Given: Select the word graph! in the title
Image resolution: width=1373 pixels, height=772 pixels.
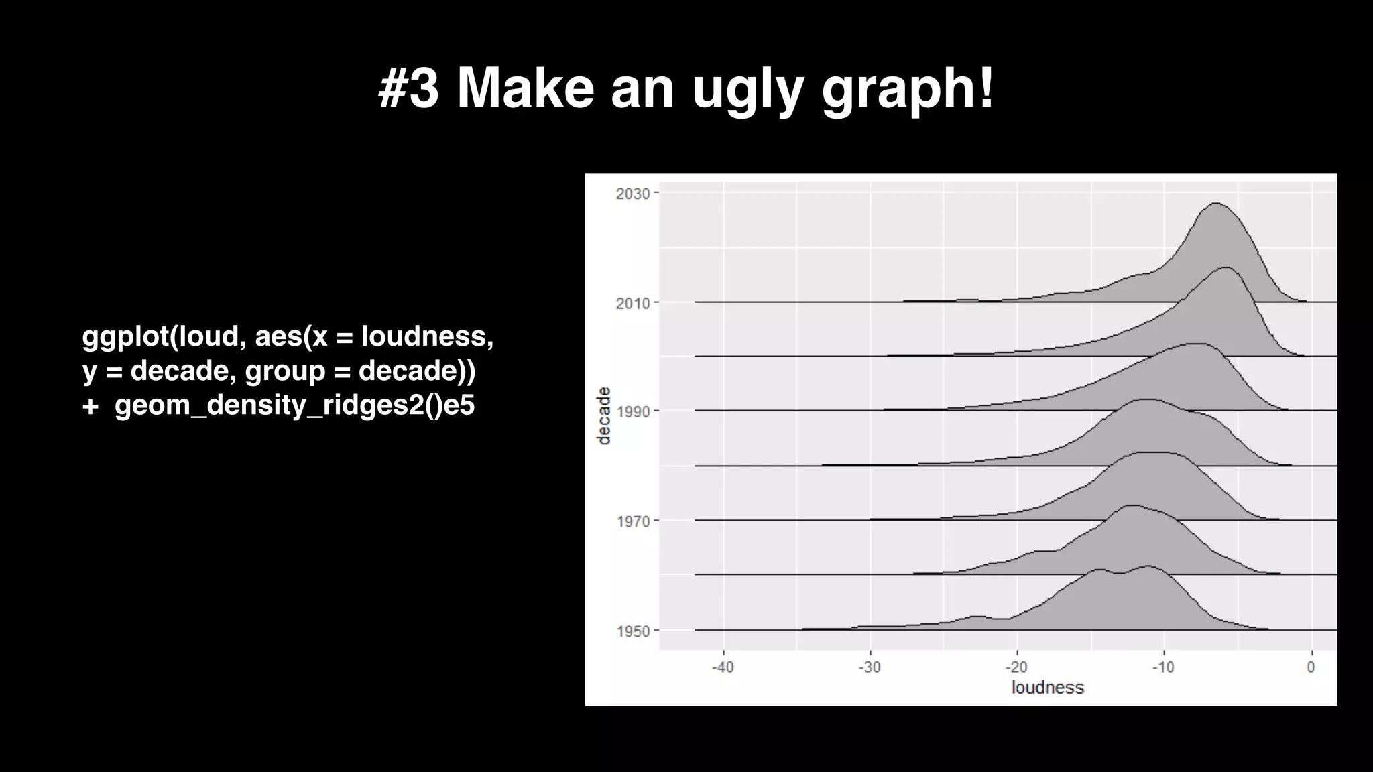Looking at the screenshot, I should point(908,90).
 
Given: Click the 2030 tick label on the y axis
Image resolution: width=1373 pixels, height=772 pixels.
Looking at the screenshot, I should point(633,194).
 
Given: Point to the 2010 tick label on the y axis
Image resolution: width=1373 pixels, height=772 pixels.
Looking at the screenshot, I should point(633,303).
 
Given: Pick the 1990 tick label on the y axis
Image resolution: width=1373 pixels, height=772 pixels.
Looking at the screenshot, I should point(633,411).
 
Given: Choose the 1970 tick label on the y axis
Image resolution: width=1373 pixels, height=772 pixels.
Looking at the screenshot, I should point(633,521).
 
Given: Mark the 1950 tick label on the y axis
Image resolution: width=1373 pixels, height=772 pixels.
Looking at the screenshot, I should point(633,631).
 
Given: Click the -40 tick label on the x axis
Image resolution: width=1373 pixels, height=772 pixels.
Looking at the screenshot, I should point(723,667).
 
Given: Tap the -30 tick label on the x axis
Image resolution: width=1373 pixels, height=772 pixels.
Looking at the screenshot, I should point(870,667).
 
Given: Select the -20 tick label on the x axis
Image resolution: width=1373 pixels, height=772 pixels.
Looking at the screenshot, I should point(1016,667).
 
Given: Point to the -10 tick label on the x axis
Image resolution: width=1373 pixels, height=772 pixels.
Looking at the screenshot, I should point(1163,667).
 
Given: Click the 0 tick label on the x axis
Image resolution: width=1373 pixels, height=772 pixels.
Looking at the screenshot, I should point(1311,667).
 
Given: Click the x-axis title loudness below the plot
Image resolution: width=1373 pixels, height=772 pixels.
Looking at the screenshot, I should point(1047,688).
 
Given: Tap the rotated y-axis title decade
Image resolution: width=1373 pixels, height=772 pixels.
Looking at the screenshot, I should point(604,415).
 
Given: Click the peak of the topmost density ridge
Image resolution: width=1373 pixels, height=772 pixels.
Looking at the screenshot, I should point(1215,203).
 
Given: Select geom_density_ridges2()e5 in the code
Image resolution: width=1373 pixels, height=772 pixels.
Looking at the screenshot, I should point(294,405).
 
